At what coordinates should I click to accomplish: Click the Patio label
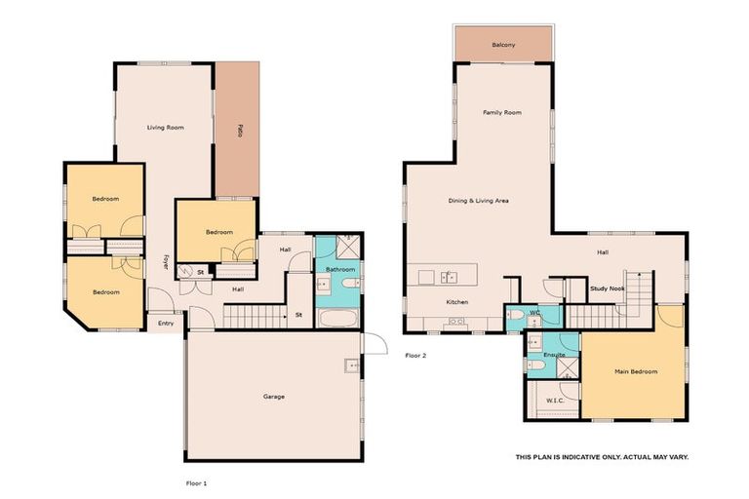tap(238, 130)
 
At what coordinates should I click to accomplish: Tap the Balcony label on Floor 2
tap(503, 45)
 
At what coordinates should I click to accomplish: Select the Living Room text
tap(165, 128)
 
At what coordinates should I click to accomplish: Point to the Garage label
tap(273, 397)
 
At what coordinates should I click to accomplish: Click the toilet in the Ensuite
tap(537, 365)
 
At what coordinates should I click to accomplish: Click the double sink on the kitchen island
tap(450, 277)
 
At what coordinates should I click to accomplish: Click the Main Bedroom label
tap(635, 371)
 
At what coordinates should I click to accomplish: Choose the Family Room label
tap(502, 113)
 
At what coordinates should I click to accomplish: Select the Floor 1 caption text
tap(197, 482)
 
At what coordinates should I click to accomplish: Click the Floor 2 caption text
tap(415, 356)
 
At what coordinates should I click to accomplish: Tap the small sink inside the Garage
tap(349, 365)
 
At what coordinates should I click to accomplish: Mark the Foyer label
tap(166, 261)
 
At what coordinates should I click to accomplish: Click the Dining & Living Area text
tap(478, 201)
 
